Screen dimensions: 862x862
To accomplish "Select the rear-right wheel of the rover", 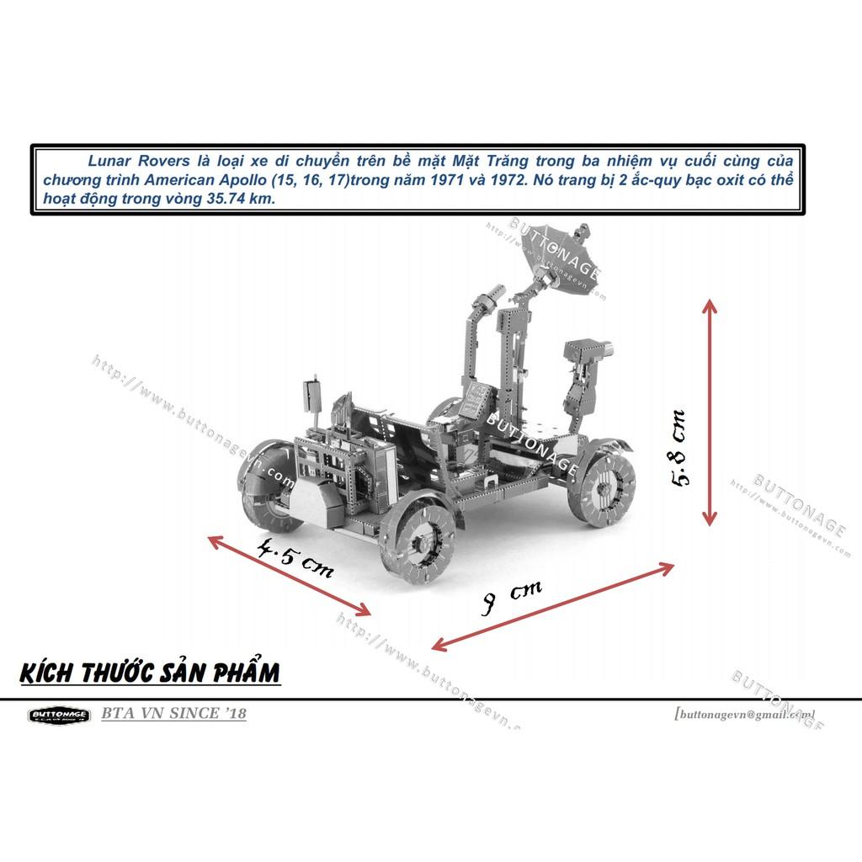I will coord(602,488).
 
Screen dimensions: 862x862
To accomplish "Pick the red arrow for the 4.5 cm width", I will coord(290,576).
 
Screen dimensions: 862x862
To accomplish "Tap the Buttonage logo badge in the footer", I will coord(60,716).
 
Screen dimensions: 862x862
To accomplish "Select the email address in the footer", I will coord(744,714).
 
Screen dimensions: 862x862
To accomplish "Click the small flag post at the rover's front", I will coord(312,396).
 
